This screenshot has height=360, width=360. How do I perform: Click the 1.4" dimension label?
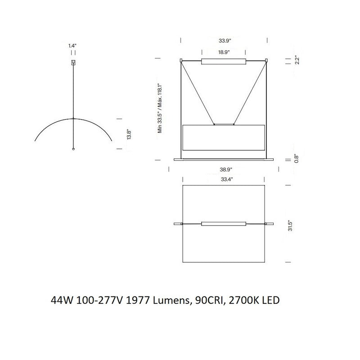click(x=73, y=45)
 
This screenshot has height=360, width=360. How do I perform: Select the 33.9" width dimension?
click(x=224, y=40)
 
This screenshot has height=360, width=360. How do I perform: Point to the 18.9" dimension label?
click(x=224, y=52)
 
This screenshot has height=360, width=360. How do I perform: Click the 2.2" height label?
click(x=296, y=60)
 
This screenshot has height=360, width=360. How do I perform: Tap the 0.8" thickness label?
click(x=296, y=158)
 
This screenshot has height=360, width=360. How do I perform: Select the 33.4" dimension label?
click(x=224, y=180)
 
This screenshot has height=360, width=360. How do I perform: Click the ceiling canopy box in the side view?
click(x=73, y=63)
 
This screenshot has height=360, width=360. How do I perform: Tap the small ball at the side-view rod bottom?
click(x=73, y=148)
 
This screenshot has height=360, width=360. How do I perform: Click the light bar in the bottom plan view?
click(x=224, y=223)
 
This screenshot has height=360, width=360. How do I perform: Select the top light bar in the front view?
click(x=224, y=61)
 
